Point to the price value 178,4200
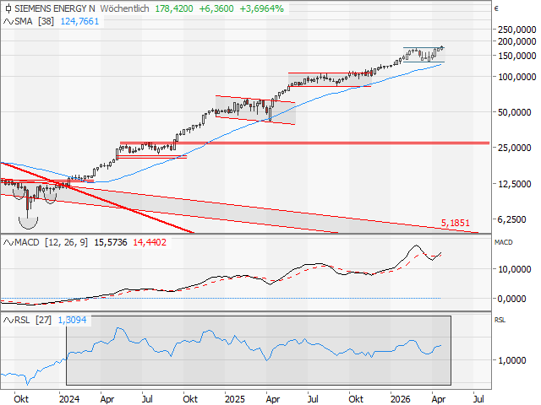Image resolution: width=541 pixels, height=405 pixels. point(177,8)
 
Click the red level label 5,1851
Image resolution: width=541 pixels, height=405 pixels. point(456,224)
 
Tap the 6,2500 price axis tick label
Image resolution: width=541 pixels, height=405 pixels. point(516,219)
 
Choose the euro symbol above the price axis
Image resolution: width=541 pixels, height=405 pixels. point(497,8)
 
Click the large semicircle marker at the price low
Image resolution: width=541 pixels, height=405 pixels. point(29,220)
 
